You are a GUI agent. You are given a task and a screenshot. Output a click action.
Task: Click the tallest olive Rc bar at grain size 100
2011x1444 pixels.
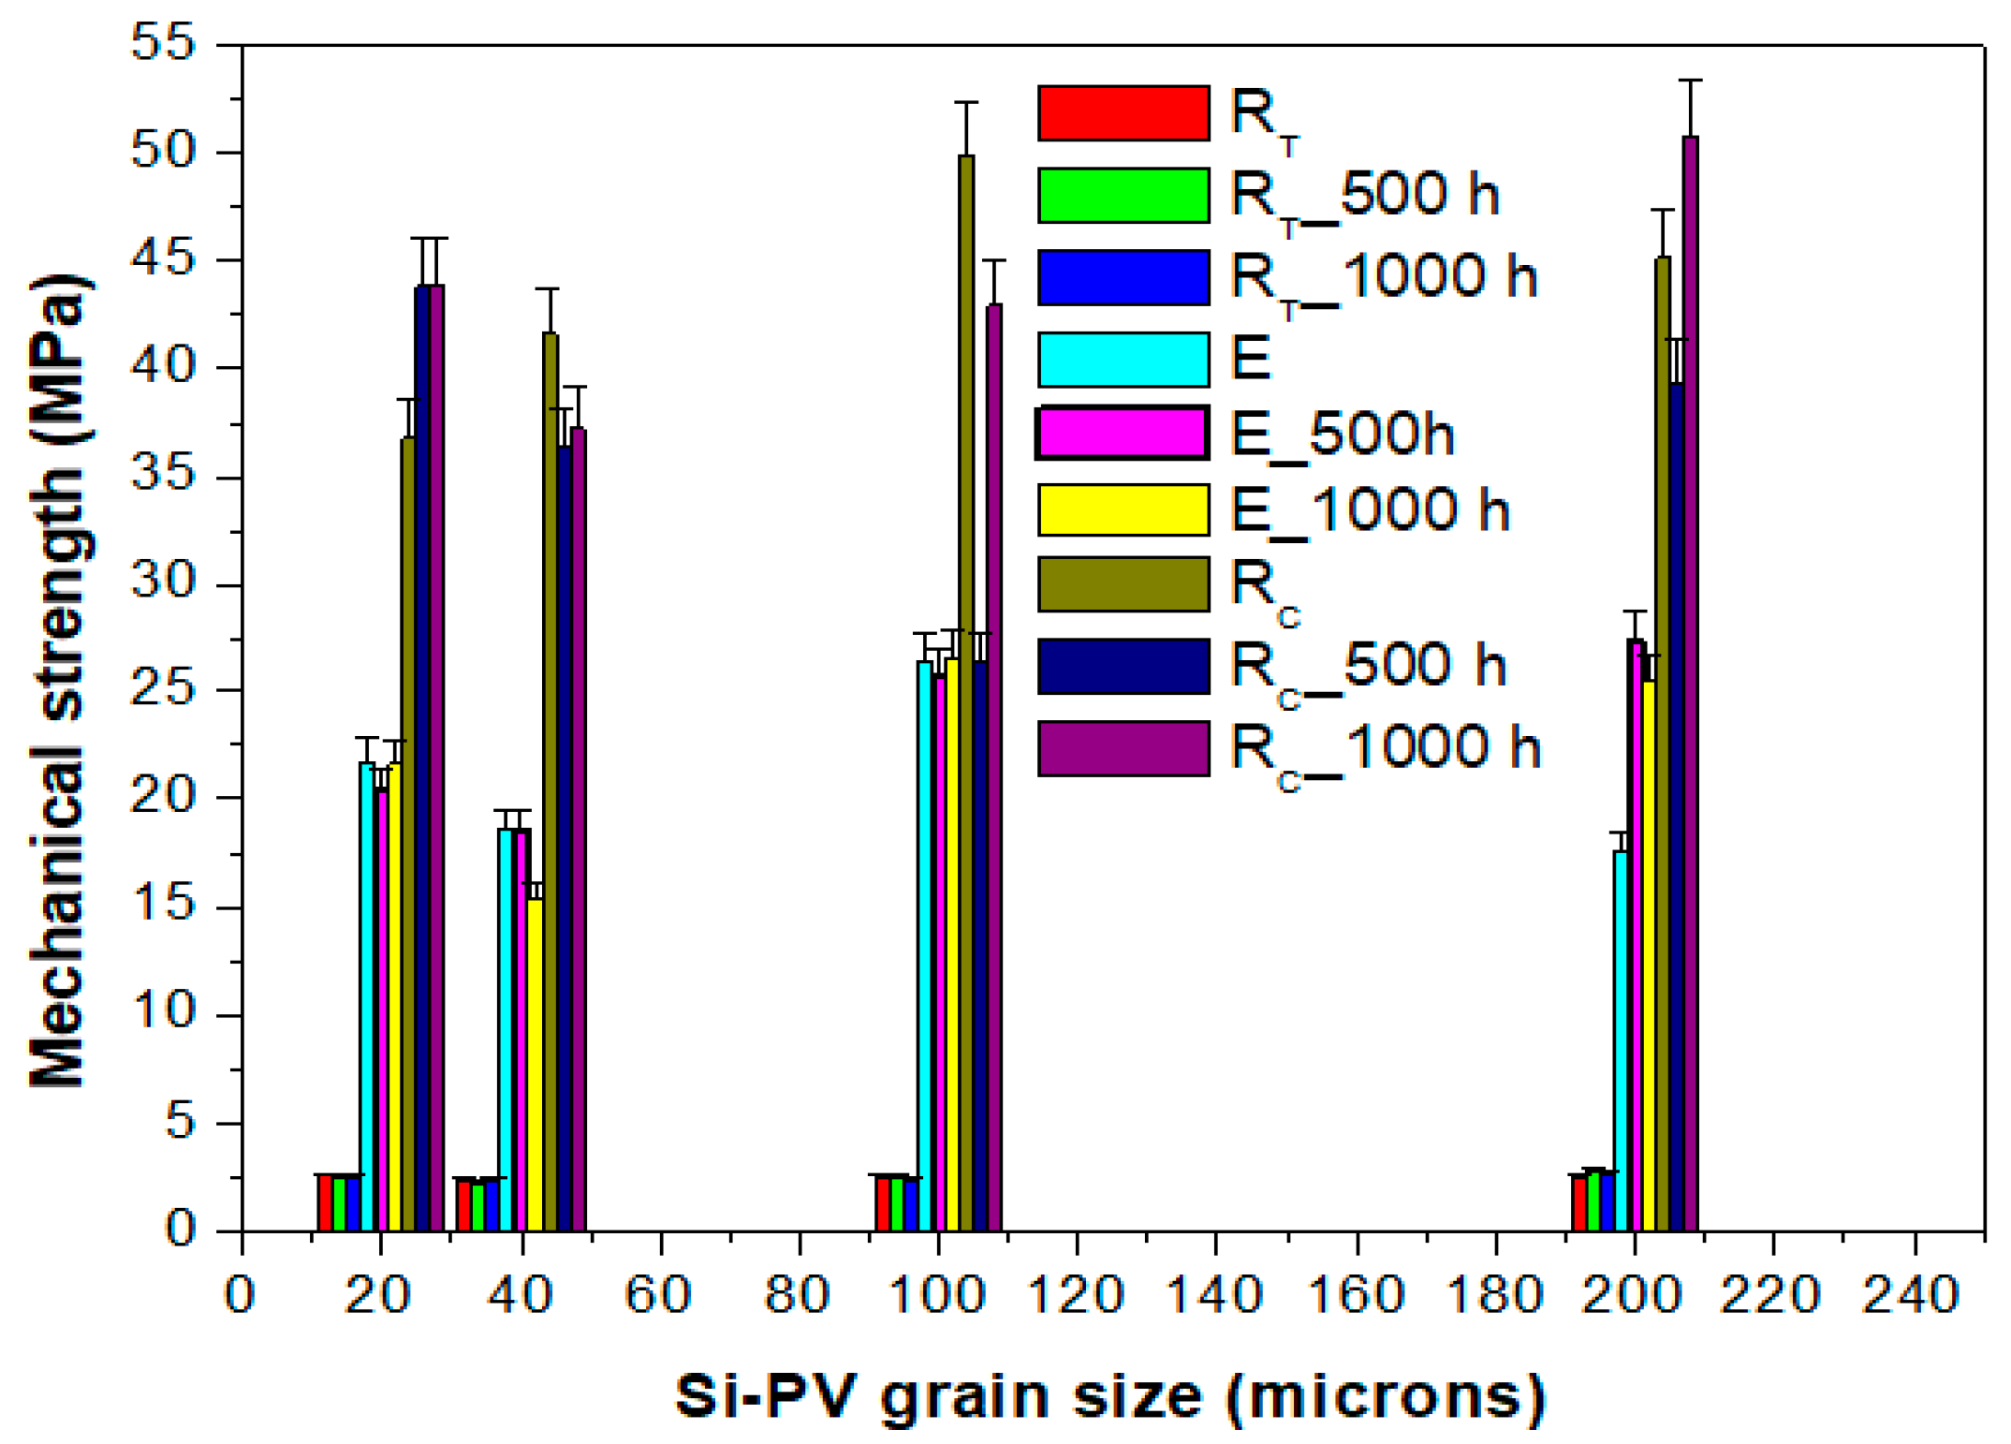pyautogui.click(x=965, y=693)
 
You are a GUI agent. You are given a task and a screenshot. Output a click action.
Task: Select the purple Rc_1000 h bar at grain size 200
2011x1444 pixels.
pyautogui.click(x=1690, y=684)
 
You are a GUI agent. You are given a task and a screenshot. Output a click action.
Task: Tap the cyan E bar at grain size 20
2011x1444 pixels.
pyautogui.click(x=367, y=997)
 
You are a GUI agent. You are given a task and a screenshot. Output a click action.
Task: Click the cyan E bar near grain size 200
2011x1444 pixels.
pyautogui.click(x=1621, y=1039)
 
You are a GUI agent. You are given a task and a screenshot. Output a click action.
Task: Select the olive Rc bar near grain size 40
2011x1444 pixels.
pyautogui.click(x=550, y=782)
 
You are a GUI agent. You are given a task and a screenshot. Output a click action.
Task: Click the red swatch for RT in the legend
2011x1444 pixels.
pyautogui.click(x=1123, y=113)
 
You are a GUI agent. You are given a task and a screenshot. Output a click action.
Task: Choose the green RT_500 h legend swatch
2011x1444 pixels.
pyautogui.click(x=1123, y=195)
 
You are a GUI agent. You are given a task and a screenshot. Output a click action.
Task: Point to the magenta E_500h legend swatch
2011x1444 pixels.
pyautogui.click(x=1123, y=434)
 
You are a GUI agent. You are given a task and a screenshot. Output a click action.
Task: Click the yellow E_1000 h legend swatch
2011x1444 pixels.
pyautogui.click(x=1123, y=509)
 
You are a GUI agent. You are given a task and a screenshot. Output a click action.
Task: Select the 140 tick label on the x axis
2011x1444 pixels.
pyautogui.click(x=1214, y=1296)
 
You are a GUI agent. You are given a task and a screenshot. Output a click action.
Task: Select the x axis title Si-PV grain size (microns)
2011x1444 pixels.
pyautogui.click(x=1110, y=1397)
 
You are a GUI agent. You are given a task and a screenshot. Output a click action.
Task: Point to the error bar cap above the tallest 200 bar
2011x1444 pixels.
pyautogui.click(x=1690, y=81)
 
